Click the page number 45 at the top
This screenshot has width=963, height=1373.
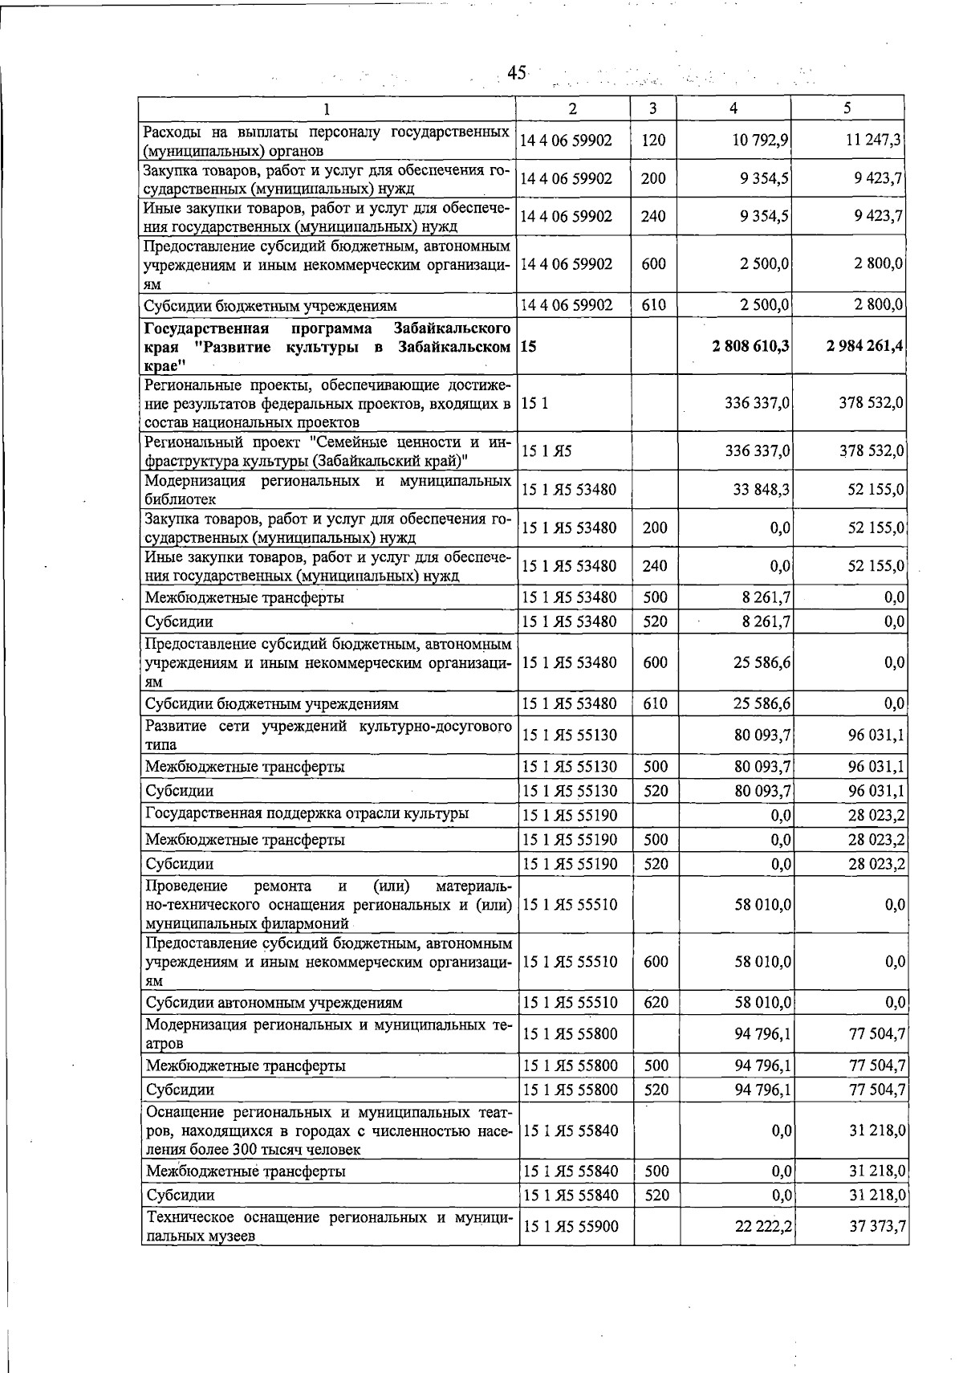point(517,73)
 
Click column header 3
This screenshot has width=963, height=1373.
point(653,108)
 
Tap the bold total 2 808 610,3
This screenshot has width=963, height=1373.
point(750,346)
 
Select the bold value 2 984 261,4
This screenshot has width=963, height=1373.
point(865,346)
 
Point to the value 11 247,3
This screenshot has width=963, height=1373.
point(874,141)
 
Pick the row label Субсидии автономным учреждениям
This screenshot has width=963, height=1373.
point(274,1003)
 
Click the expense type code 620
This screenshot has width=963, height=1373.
point(656,1003)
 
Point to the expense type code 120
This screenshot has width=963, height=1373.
point(653,141)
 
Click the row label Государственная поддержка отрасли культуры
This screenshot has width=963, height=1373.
point(307,814)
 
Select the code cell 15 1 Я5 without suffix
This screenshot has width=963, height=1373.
point(547,452)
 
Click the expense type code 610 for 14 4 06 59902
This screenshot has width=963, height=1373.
point(653,305)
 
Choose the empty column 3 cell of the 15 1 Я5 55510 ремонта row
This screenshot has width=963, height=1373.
point(656,905)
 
